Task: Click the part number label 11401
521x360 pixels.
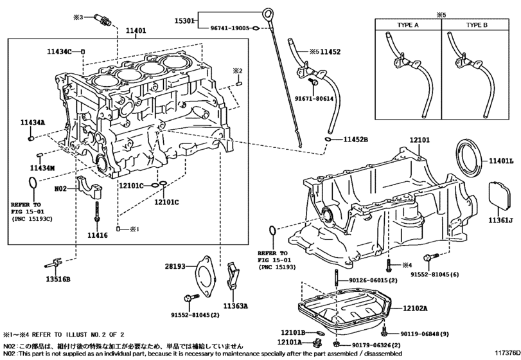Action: click(x=136, y=31)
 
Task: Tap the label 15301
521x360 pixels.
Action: click(x=184, y=21)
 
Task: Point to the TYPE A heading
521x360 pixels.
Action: click(x=408, y=25)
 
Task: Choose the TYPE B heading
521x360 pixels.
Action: click(x=477, y=25)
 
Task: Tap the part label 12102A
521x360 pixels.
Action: click(x=415, y=309)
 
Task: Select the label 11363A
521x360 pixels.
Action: click(x=235, y=306)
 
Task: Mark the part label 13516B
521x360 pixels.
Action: click(x=58, y=279)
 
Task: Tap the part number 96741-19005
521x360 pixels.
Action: click(x=229, y=28)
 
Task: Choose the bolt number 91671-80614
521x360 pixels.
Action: click(x=314, y=99)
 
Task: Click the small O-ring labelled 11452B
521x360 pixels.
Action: click(x=328, y=139)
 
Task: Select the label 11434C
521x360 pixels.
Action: click(x=59, y=51)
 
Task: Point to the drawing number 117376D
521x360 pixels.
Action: click(x=507, y=353)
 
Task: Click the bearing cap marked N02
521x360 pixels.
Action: click(x=91, y=188)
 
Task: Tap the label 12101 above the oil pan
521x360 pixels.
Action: click(x=419, y=140)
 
